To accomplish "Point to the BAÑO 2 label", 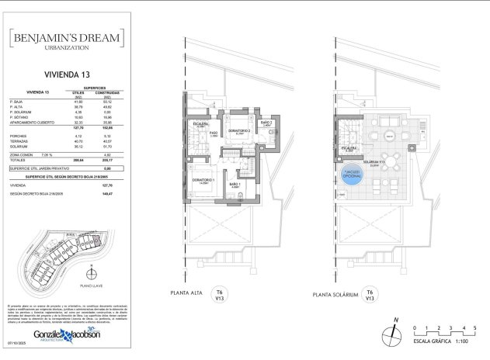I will pyautogui.click(x=266, y=123).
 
